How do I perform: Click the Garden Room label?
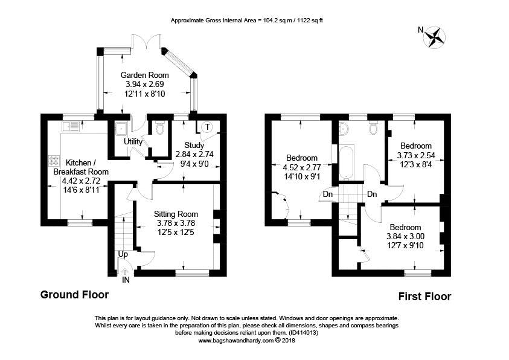(145, 75)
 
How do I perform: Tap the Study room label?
(194, 145)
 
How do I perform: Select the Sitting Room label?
(176, 214)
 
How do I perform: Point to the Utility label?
(133, 142)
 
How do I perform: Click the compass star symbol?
(435, 37)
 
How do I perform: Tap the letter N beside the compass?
(421, 30)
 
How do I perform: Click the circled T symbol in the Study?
(206, 127)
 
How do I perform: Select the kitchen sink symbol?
(70, 126)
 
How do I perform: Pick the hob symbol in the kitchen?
(54, 161)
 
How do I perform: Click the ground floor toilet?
(160, 128)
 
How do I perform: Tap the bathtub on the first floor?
(347, 162)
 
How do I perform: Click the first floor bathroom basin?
(344, 129)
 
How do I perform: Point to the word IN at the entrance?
(126, 280)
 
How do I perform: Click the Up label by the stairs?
(123, 254)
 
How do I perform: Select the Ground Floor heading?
(74, 295)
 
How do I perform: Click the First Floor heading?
(424, 297)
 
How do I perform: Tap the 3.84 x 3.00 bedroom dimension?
(405, 236)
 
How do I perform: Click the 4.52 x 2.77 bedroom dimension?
(302, 167)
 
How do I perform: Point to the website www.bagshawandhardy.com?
(236, 341)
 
